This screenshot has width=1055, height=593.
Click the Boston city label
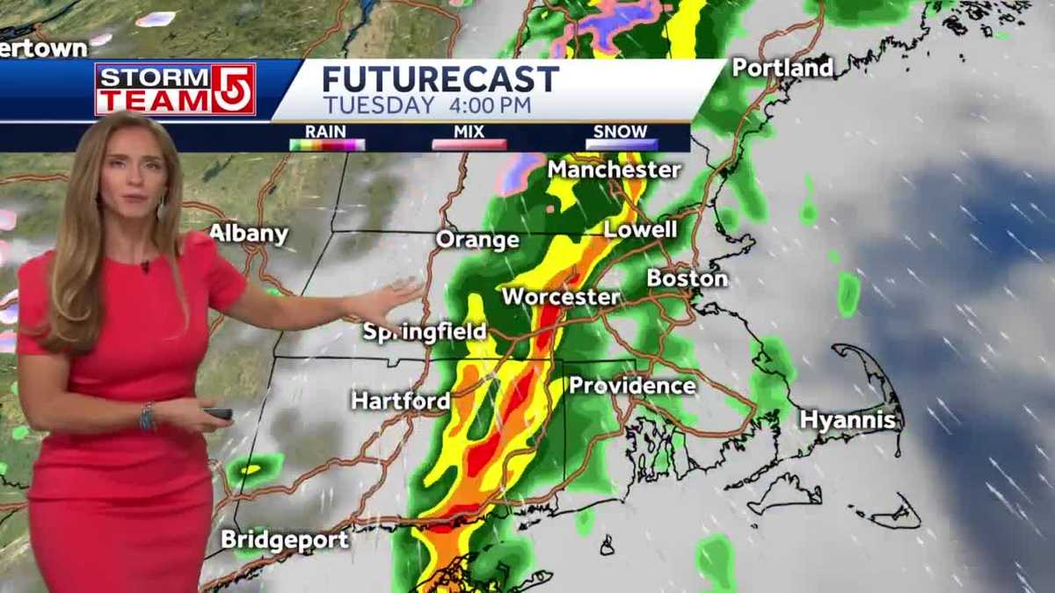pyautogui.click(x=688, y=278)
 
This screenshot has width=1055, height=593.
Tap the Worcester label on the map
pyautogui.click(x=560, y=296)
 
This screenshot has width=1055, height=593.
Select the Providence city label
pyautogui.click(x=632, y=385)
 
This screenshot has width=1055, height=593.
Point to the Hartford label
pyautogui.click(x=401, y=401)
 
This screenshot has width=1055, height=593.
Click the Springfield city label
pyautogui.click(x=425, y=332)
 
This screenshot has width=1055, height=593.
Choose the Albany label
pyautogui.click(x=249, y=233)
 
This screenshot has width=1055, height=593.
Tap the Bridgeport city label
pyautogui.click(x=285, y=539)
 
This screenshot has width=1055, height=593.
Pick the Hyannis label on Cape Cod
pyautogui.click(x=848, y=420)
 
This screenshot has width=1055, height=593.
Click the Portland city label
pyautogui.click(x=782, y=68)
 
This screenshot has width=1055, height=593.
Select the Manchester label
pyautogui.click(x=615, y=169)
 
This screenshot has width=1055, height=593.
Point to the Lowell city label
pyautogui.click(x=641, y=229)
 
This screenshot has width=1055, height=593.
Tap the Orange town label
pyautogui.click(x=477, y=239)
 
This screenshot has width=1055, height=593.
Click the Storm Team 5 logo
pyautogui.click(x=175, y=89)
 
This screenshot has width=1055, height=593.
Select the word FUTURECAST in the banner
pyautogui.click(x=440, y=79)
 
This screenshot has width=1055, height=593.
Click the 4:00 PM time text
pyautogui.click(x=491, y=105)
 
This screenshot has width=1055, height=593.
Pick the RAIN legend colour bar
pyautogui.click(x=327, y=145)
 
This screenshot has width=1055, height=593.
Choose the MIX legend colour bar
pyautogui.click(x=469, y=145)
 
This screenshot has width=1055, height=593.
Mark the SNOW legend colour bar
pyautogui.click(x=621, y=145)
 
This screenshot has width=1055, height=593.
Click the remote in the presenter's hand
pyautogui.click(x=217, y=413)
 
